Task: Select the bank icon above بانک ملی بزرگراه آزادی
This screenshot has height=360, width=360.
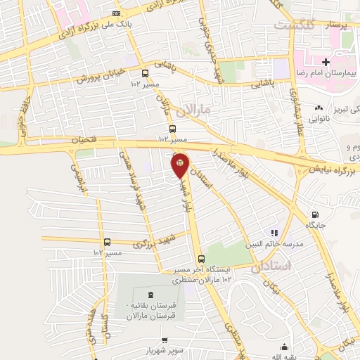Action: tap(116, 13)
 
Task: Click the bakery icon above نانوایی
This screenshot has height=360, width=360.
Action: tap(319, 108)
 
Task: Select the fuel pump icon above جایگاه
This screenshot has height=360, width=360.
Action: tap(314, 214)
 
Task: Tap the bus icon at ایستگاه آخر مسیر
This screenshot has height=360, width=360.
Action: tap(202, 259)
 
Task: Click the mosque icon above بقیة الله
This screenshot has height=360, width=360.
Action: tap(284, 347)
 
